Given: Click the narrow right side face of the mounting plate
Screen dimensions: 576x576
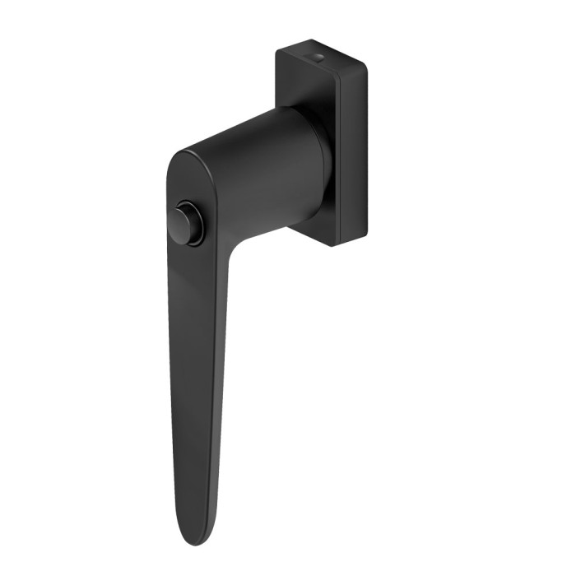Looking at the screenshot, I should pos(351,148).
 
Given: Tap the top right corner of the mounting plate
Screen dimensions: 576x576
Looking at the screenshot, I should pos(362,61).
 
